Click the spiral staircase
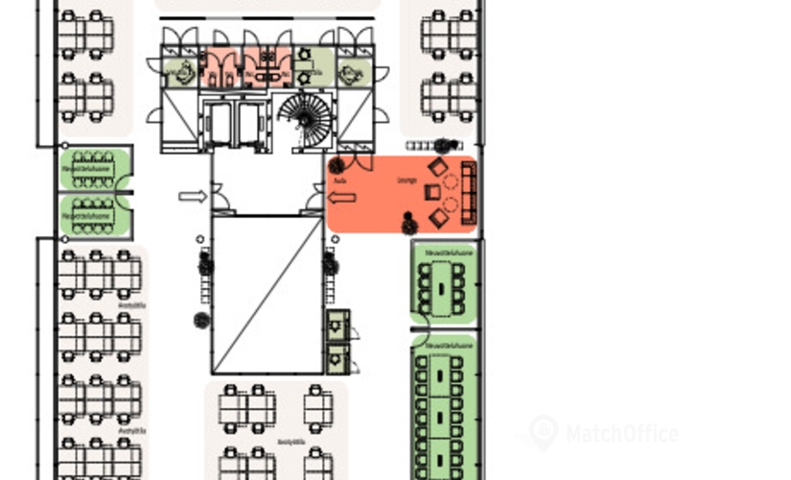(x=306, y=119)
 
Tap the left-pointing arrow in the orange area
(x=341, y=197)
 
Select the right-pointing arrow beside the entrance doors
(x=193, y=197)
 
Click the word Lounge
(x=406, y=180)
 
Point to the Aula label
(x=339, y=180)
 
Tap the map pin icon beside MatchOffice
(x=543, y=432)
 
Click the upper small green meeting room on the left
(x=94, y=169)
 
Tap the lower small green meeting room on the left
(x=94, y=215)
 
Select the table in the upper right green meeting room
(x=443, y=282)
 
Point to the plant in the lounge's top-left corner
(x=337, y=166)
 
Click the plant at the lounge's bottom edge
(x=407, y=225)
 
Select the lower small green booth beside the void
(x=337, y=358)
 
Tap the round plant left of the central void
(x=201, y=320)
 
